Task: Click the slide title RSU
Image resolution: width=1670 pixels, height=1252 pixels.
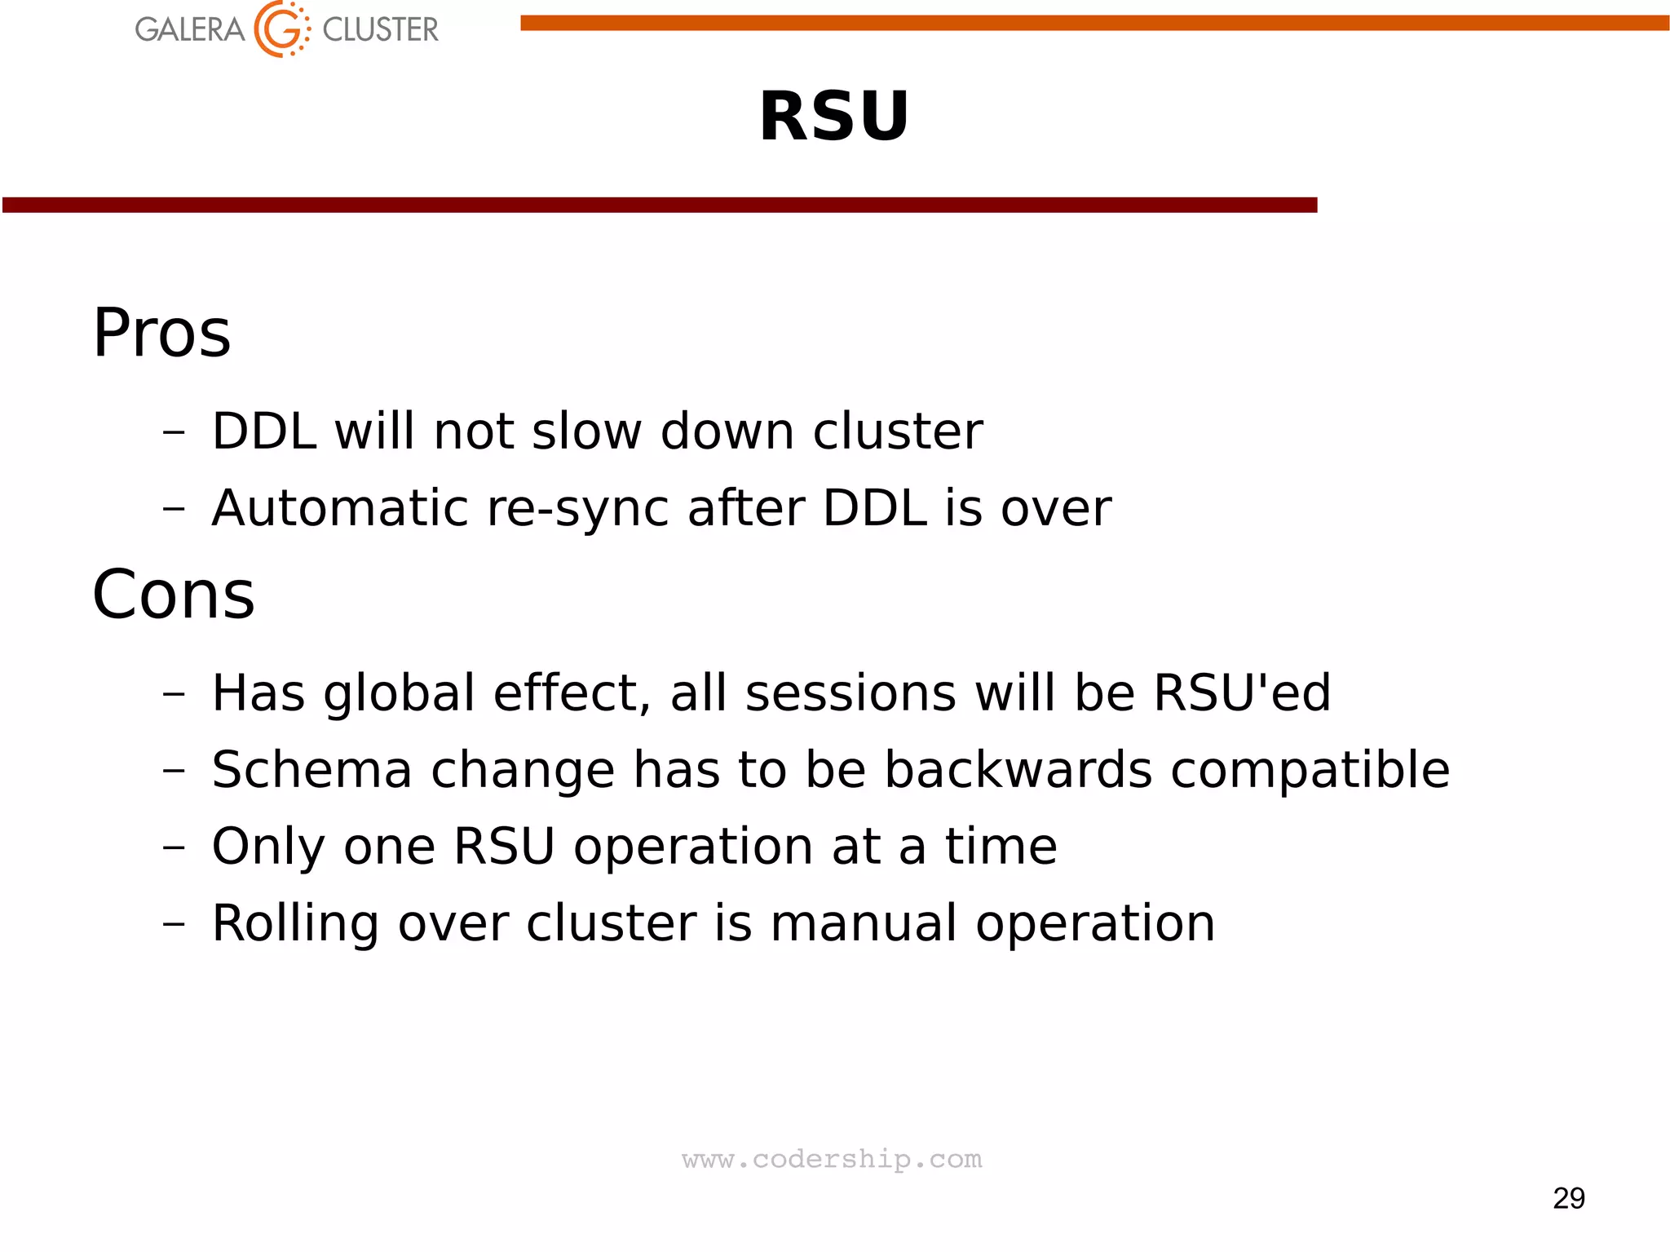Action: coord(833,117)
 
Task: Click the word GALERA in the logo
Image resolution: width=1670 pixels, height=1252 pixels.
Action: coord(189,30)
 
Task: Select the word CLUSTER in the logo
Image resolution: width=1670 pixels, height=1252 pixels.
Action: coord(380,30)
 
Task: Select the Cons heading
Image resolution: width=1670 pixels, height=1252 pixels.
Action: coord(174,595)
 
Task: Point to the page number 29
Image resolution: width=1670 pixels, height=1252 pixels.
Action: coord(1568,1198)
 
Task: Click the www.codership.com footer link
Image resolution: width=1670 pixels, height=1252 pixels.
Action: coord(832,1159)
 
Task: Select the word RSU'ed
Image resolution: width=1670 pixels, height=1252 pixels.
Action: coord(1242,692)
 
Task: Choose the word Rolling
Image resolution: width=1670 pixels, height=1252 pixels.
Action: coord(295,924)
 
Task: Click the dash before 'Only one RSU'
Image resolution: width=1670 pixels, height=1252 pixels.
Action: coord(174,847)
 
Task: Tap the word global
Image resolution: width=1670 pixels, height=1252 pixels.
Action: coord(399,694)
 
